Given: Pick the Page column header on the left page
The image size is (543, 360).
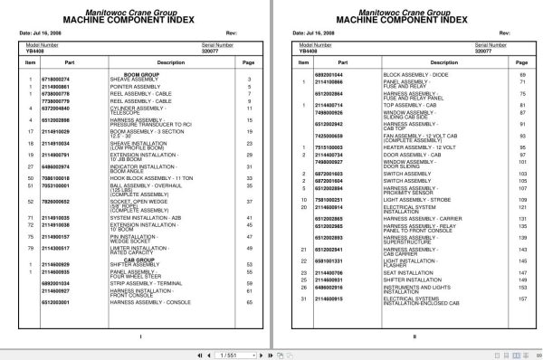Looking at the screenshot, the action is tap(248, 63).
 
